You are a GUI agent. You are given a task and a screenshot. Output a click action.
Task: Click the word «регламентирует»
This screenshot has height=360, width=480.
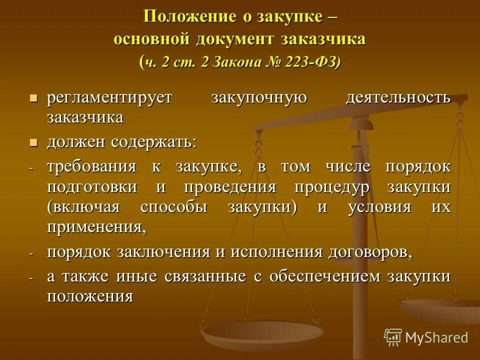pyautogui.click(x=109, y=97)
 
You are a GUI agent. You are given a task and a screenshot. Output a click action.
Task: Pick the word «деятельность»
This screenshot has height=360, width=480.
pyautogui.click(x=398, y=97)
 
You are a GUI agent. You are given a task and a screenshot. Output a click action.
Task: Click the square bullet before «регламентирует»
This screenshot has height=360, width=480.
pyautogui.click(x=34, y=97)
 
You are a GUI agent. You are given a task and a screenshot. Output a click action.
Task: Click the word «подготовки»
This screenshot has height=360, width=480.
pyautogui.click(x=92, y=187)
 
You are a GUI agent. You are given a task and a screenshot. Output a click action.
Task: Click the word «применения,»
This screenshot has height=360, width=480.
pyautogui.click(x=97, y=227)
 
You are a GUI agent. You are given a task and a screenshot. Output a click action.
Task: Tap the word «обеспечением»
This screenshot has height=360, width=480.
pyautogui.click(x=316, y=276)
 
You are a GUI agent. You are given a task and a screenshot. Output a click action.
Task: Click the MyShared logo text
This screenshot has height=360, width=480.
pyautogui.click(x=436, y=337)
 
